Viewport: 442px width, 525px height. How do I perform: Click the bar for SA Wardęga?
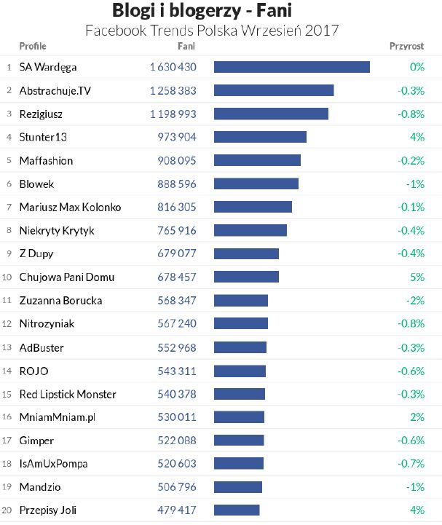pos(291,67)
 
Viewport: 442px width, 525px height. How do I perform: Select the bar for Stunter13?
pos(260,137)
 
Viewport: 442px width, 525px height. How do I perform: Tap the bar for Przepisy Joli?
pos(237,510)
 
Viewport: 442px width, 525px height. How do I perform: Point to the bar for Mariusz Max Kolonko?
pos(253,207)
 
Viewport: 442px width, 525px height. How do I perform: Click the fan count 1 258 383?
pos(173,90)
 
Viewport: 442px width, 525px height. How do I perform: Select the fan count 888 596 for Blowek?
pos(177,184)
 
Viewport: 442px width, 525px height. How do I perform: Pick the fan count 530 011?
pos(177,417)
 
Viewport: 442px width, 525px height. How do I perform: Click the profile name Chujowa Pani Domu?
pos(66,277)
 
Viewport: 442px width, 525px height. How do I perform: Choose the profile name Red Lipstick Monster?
pos(68,394)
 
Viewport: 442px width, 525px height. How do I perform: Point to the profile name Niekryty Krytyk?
pos(57,231)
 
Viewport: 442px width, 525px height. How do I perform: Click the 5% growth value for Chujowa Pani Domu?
pos(417,277)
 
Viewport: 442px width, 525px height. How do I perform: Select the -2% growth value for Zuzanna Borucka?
pos(416,301)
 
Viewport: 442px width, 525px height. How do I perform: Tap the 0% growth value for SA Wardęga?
pos(417,67)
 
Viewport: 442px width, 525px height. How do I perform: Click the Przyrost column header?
pos(407,46)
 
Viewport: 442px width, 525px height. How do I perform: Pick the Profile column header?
pos(32,46)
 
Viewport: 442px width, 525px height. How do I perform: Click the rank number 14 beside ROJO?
pos(7,371)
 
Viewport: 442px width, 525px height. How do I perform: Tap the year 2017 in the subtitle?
pos(323,31)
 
